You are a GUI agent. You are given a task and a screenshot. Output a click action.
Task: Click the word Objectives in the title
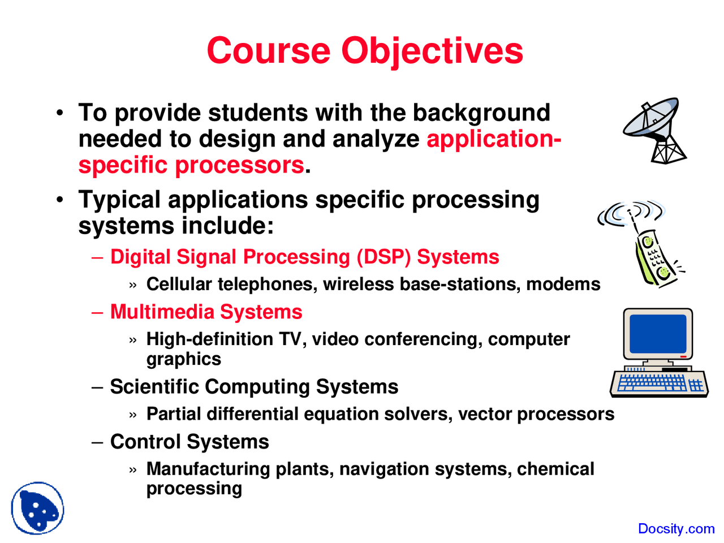tap(432, 52)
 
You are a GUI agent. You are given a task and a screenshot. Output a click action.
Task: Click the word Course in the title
tap(269, 51)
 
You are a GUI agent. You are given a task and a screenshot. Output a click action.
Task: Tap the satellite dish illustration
tap(654, 131)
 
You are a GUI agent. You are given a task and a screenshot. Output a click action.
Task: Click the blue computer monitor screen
tap(658, 334)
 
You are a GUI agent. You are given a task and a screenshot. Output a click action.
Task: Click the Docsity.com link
tap(676, 528)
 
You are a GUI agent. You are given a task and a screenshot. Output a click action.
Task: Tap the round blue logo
tap(37, 508)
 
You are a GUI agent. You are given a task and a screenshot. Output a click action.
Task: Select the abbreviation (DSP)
tap(384, 257)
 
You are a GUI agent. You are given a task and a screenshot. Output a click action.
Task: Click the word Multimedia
tap(162, 312)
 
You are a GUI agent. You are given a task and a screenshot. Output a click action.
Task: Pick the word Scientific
tap(154, 386)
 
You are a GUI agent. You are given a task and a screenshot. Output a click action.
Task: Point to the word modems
tap(563, 284)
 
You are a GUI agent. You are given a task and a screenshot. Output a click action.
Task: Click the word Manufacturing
tap(208, 469)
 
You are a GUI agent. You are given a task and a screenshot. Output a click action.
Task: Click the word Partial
tap(174, 413)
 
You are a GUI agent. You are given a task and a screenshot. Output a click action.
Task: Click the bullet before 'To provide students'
tap(60, 113)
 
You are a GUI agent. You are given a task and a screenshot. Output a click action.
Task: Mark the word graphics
tap(184, 359)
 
